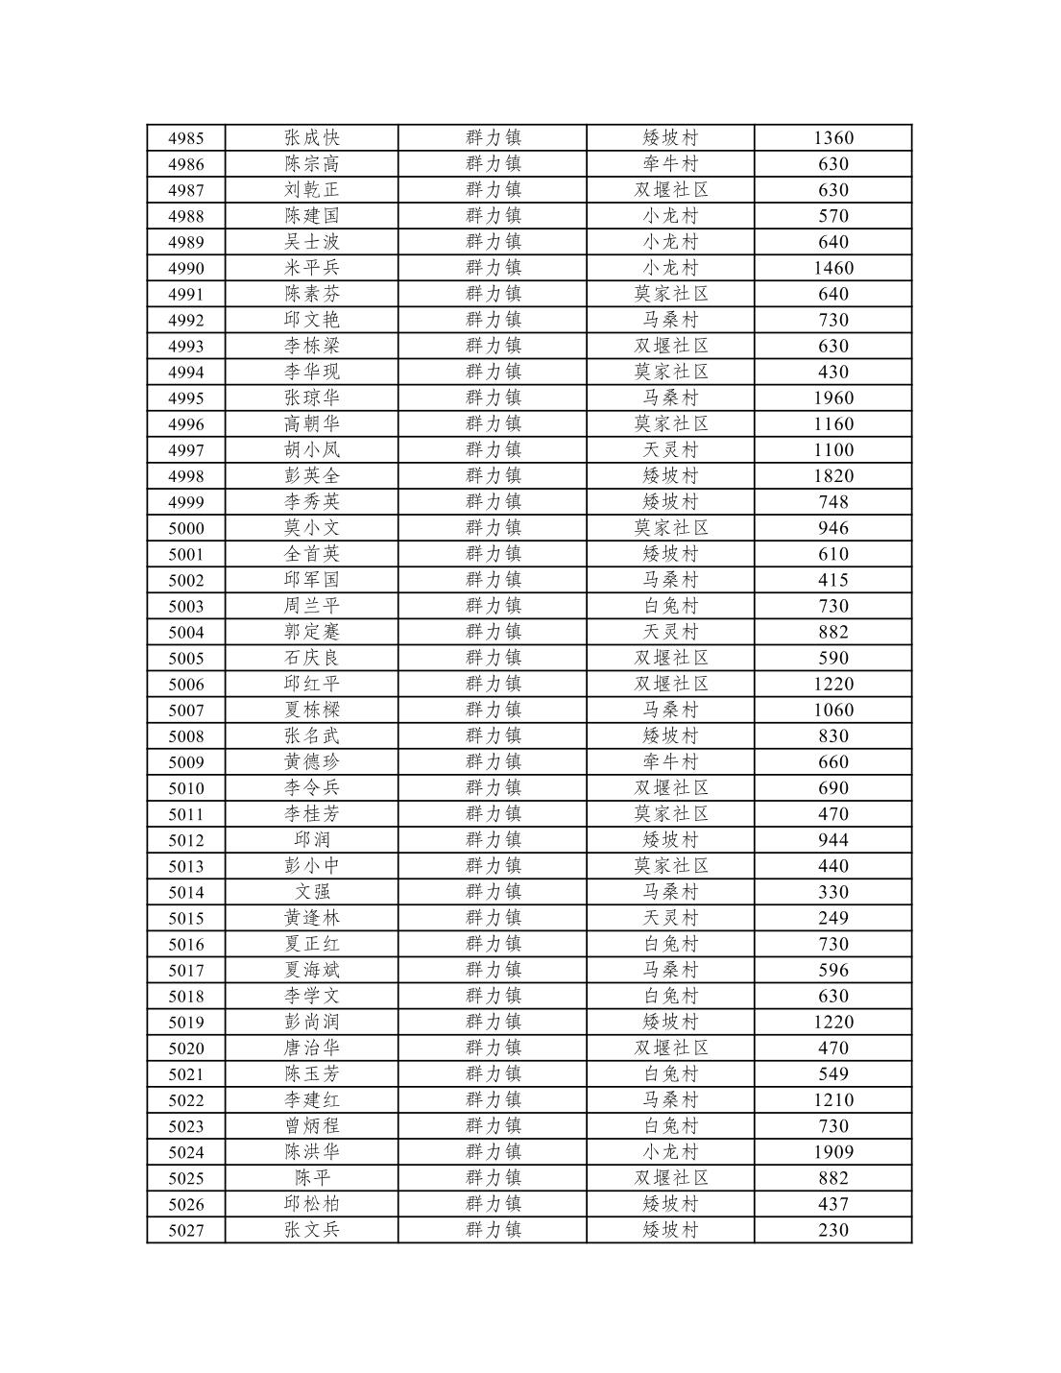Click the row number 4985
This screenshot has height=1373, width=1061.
tap(185, 138)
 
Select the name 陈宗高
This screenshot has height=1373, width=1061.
tap(311, 164)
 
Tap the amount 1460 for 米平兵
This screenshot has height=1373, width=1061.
tap(832, 268)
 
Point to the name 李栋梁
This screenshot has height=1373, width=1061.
tap(311, 346)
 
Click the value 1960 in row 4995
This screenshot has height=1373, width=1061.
tap(832, 397)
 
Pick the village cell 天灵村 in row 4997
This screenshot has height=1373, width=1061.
tap(670, 449)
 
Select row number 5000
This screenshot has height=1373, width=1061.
tap(185, 528)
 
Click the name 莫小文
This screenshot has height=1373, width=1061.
tap(311, 528)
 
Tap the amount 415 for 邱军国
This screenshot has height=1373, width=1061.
tap(832, 580)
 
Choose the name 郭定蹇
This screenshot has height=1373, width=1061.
tap(311, 632)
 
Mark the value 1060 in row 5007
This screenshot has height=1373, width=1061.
tap(832, 710)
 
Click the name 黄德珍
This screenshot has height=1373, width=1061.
tap(311, 761)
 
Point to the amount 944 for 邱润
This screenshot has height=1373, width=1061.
tap(832, 840)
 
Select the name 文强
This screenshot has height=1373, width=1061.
tap(311, 892)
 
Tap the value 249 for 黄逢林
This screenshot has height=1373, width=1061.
tap(832, 918)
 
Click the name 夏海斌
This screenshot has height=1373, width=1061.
tap(311, 970)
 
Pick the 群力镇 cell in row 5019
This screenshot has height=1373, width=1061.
tap(493, 1022)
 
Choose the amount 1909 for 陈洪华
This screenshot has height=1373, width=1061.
tap(832, 1152)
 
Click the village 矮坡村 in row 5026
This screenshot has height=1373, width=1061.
tap(670, 1204)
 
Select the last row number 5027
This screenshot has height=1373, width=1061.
tap(185, 1230)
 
